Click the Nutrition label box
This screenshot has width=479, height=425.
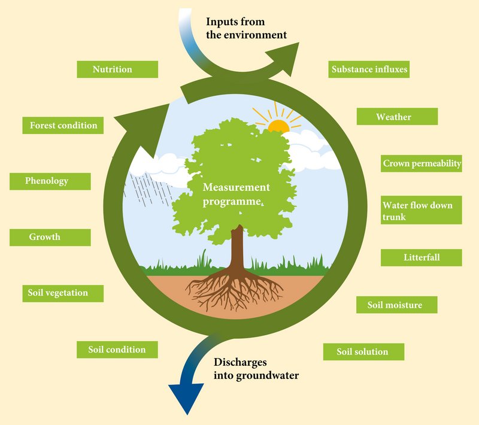(x=117, y=69)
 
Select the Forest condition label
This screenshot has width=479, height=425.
(x=63, y=126)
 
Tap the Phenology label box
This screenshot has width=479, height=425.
(x=50, y=181)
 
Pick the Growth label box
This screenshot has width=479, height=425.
(x=50, y=237)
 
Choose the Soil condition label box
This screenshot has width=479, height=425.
(x=117, y=350)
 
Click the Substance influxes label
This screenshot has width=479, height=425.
(x=369, y=69)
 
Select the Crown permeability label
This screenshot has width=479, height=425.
(x=422, y=163)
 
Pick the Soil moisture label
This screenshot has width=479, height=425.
(x=396, y=305)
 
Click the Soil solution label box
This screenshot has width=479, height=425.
(x=363, y=352)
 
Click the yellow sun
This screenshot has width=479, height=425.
(x=278, y=126)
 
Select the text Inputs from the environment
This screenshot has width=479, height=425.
(x=246, y=28)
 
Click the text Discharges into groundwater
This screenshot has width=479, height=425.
(x=256, y=369)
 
